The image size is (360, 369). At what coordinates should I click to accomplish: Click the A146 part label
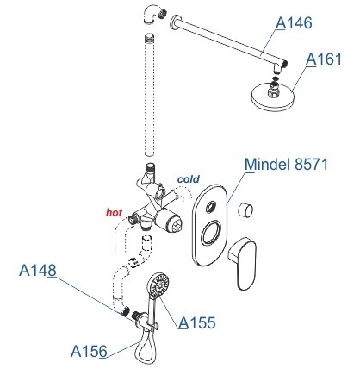[x=294, y=23]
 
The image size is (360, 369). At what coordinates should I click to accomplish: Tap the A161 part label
[x=324, y=59]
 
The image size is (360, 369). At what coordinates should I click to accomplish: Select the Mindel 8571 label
[x=286, y=165]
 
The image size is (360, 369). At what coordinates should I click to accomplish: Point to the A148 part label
[x=38, y=270]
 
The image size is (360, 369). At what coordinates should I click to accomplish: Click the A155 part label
[x=197, y=322]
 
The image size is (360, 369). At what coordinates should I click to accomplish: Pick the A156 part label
[x=89, y=351]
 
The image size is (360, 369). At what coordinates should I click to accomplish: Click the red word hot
[x=114, y=213]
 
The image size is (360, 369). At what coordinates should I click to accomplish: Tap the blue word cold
[x=189, y=179]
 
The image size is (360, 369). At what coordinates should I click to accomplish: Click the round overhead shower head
[x=272, y=97]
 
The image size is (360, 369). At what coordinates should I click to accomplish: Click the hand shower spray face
[x=158, y=285]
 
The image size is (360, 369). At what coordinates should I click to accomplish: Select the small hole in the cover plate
[x=212, y=207]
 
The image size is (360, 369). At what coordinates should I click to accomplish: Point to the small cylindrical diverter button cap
[x=245, y=210]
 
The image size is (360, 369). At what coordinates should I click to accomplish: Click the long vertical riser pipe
[x=150, y=95]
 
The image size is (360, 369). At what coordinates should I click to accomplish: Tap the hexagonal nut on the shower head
[x=273, y=89]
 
